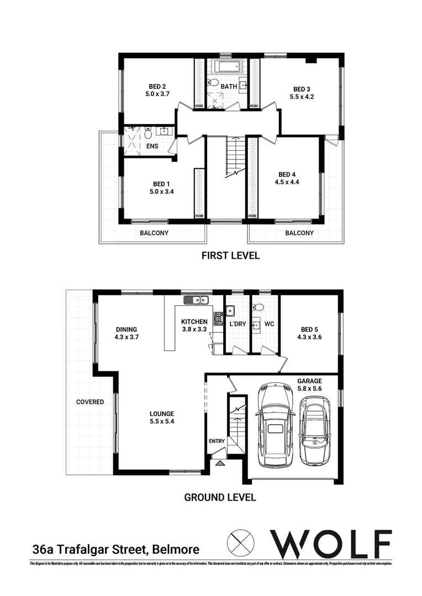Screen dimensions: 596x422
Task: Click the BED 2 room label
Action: point(157,86)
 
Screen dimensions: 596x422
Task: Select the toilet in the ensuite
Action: point(147,133)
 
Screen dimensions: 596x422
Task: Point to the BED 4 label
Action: point(289,173)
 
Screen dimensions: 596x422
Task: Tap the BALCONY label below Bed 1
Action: point(154,233)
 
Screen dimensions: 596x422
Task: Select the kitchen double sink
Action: point(196,300)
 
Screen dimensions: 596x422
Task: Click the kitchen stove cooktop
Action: point(218,318)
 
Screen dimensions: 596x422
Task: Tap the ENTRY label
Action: point(217,441)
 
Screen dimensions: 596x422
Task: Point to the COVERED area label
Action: point(90,402)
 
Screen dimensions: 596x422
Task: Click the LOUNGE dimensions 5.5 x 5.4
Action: point(162,422)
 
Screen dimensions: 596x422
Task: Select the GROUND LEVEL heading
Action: point(220,497)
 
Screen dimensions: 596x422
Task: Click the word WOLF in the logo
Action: point(330,544)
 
